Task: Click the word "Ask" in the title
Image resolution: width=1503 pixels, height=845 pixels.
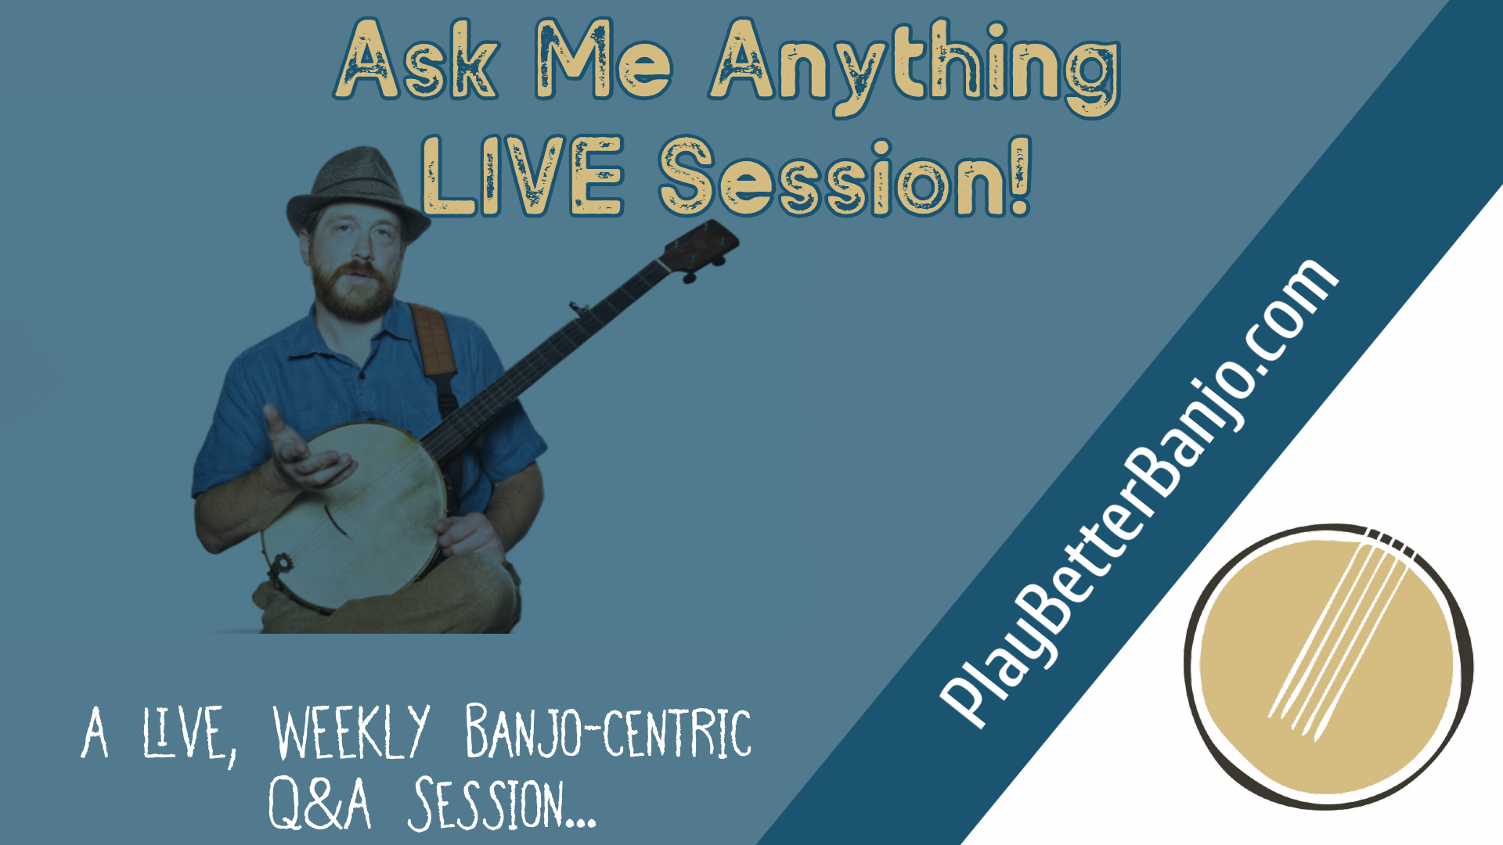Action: tap(416, 60)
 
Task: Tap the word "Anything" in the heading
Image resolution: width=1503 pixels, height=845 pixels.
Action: tap(914, 67)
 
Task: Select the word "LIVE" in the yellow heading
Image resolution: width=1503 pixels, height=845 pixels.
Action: tap(522, 175)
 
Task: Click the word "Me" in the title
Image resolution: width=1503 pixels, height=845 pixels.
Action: tap(604, 60)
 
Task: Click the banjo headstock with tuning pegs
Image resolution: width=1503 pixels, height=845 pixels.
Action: tap(698, 250)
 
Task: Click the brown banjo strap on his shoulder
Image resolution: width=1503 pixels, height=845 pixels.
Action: tap(434, 341)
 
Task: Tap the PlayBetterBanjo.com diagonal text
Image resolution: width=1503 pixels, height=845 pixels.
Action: tap(1137, 493)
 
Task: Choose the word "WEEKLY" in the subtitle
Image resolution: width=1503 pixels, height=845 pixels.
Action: tap(351, 732)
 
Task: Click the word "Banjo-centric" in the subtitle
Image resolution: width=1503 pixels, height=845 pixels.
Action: tap(608, 731)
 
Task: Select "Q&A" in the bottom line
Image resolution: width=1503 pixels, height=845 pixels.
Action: tap(319, 804)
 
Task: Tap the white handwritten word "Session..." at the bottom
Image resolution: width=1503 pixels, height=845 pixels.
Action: tap(502, 804)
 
